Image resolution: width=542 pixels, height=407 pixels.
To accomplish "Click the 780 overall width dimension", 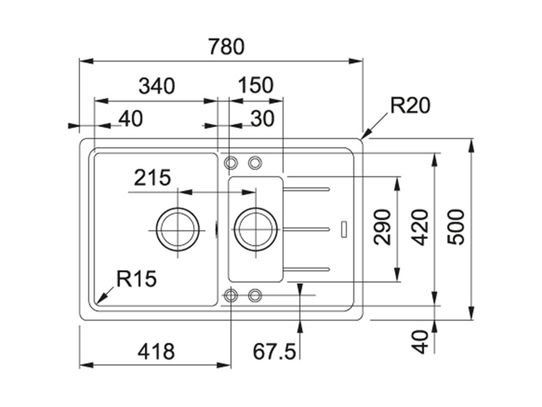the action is pos(226,47).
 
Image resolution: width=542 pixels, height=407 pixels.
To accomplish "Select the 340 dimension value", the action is pos(157,86).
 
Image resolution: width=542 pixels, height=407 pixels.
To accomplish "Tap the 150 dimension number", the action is pos(256,85).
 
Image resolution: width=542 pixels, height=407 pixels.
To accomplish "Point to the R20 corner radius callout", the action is pos(410,105).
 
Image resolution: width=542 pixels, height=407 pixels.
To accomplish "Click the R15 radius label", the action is pos(137,279).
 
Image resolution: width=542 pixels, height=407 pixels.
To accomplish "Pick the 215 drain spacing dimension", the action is pos(152,178).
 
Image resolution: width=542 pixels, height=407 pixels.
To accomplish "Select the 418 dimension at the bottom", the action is pos(157,351).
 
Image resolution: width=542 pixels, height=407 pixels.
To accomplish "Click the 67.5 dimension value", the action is pos(274,351).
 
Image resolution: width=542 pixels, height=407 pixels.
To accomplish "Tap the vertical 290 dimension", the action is pos(383,227).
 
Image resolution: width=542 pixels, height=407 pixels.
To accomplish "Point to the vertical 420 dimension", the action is pos(420,227).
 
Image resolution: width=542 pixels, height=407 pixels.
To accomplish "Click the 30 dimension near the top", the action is pos(263,119).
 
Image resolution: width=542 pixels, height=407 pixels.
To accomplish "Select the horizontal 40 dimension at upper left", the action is pos(131,119).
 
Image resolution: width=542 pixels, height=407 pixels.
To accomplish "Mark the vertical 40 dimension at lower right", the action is pos(420,342).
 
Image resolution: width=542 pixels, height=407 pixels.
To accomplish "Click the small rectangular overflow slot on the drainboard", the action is pos(344,229).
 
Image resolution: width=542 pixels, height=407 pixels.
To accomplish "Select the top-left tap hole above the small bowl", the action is pos(230,162).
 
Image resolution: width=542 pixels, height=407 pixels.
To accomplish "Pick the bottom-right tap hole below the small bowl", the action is pos(255,295).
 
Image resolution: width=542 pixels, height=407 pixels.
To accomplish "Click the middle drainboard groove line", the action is pos(306,229).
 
